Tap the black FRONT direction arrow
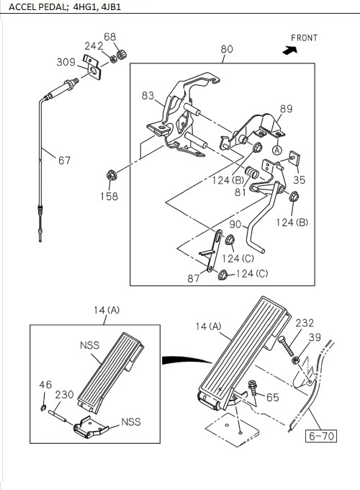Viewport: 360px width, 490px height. point(290,50)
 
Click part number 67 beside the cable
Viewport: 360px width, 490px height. point(64,161)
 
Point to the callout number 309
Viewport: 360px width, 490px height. point(67,63)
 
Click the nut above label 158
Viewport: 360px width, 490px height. point(112,174)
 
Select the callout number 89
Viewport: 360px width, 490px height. point(286,108)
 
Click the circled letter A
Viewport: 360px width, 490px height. point(277,151)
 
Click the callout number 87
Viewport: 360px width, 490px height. point(194,278)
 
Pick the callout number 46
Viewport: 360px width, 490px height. point(45,386)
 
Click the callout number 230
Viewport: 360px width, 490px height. point(64,394)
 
